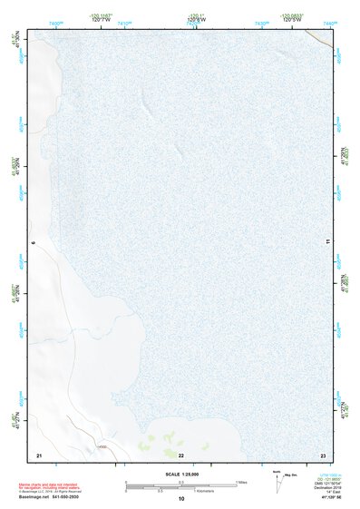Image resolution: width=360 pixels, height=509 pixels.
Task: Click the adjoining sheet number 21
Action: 38,454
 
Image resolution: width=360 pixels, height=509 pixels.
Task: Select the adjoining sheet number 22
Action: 181,454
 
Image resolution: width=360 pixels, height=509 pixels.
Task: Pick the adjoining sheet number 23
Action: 323,454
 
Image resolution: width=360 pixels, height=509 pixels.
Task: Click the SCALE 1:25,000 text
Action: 181,474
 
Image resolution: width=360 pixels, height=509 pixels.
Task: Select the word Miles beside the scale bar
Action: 243,482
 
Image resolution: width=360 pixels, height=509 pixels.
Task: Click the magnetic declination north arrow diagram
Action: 279,482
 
